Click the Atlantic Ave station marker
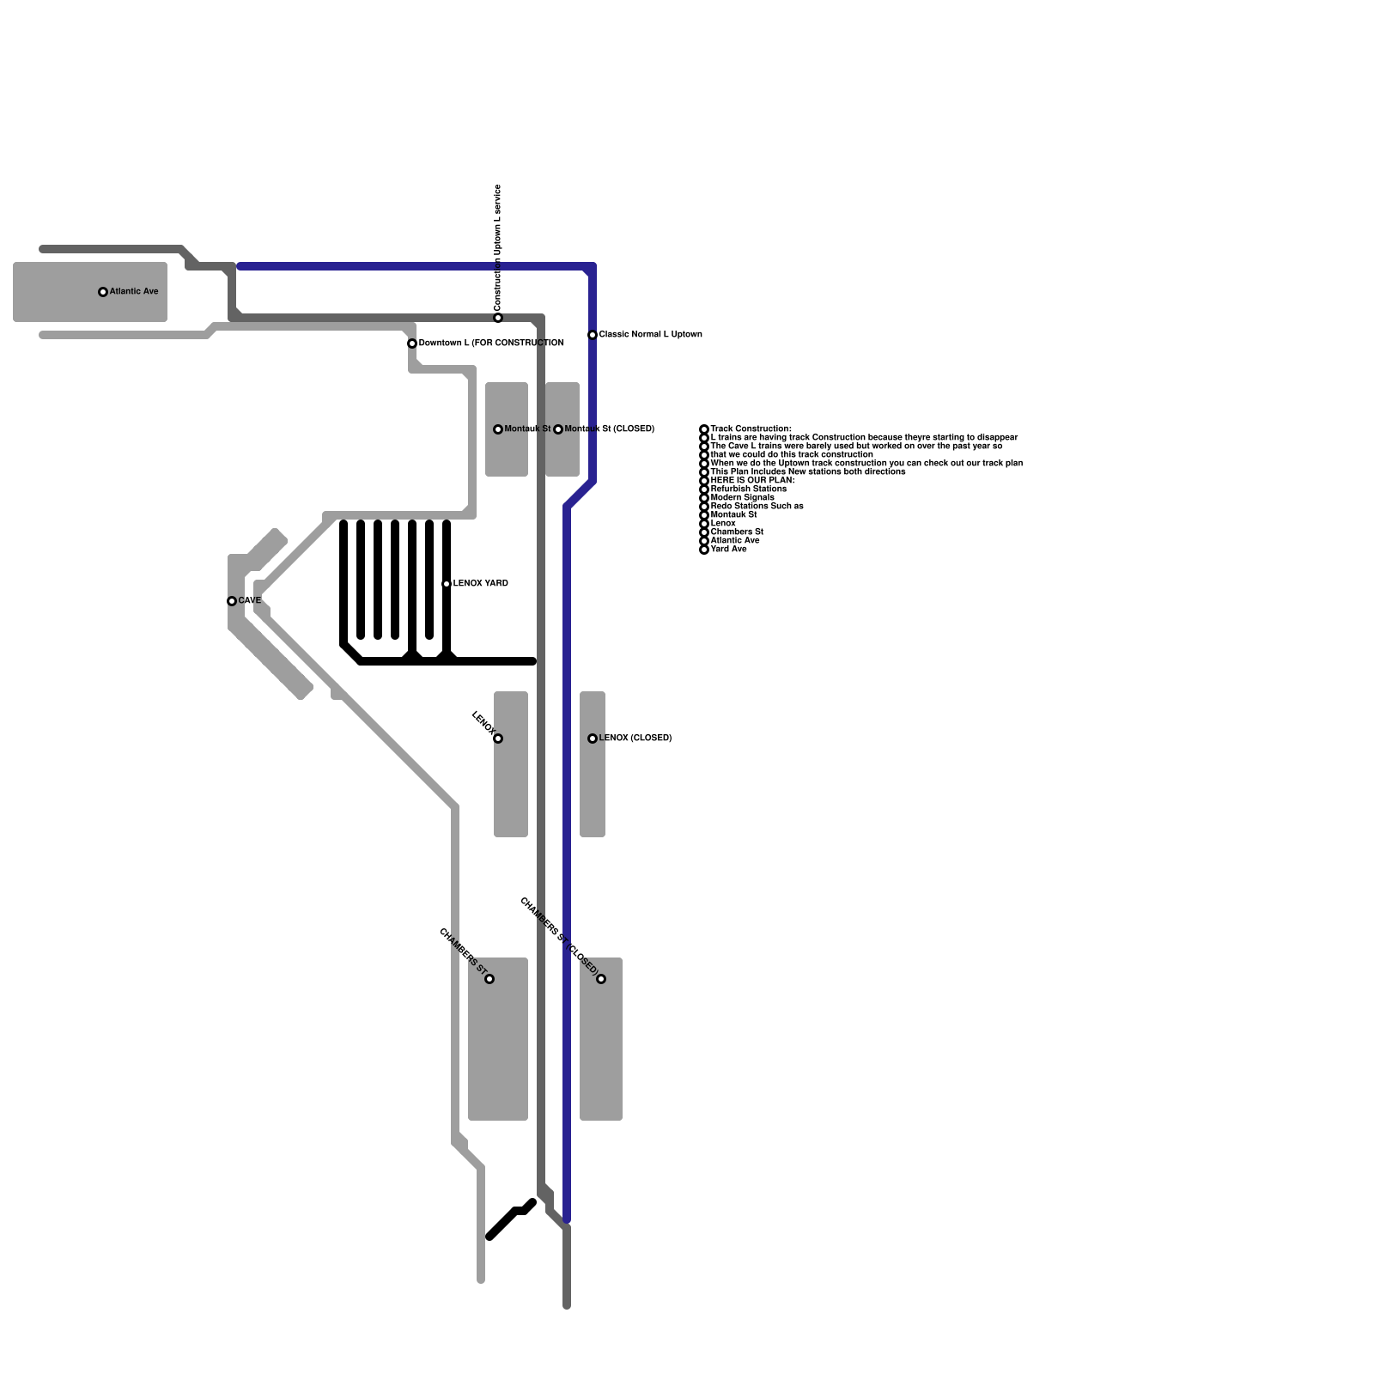pos(103,292)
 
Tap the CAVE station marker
pos(232,601)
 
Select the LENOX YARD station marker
pos(447,584)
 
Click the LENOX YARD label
pos(481,584)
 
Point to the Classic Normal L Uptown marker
pos(593,335)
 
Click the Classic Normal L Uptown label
pos(650,335)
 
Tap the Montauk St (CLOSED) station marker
pos(558,429)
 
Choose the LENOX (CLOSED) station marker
pos(593,739)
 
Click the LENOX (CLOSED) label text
pos(635,739)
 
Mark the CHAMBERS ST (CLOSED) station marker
pos(601,979)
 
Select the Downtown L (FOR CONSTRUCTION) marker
pos(412,343)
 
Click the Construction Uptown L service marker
pos(498,318)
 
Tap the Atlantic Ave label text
pos(134,292)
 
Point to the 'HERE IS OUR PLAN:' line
pos(752,481)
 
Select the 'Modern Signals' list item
pos(743,498)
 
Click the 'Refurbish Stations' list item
pos(748,489)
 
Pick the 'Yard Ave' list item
pos(729,550)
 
